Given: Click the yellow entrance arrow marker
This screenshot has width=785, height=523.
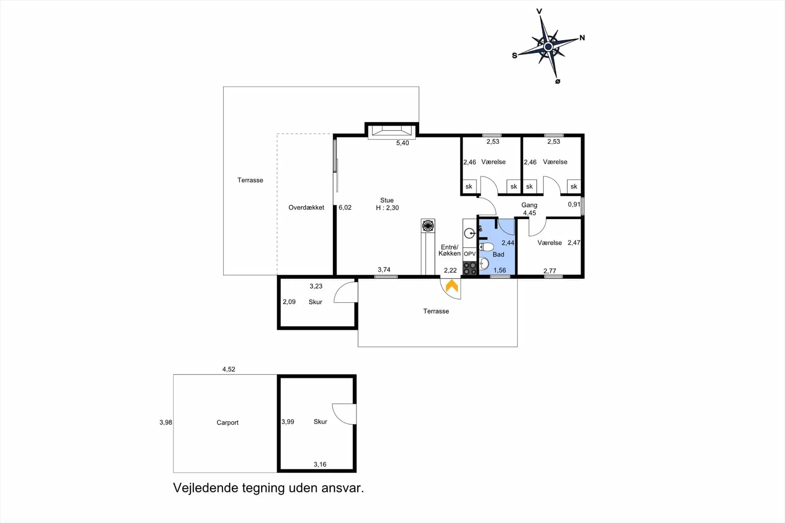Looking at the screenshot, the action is point(452,286).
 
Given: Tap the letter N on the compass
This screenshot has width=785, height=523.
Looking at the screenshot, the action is point(582,38).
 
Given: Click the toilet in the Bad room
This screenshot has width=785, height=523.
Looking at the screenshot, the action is point(487,247).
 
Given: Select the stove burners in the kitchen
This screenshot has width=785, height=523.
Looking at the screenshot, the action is point(470,268).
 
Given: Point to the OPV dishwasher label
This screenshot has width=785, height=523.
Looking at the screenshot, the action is point(470,254).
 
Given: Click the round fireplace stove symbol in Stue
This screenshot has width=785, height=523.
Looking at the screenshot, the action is point(428,225).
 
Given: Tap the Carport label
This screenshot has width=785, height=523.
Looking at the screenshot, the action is point(227,422).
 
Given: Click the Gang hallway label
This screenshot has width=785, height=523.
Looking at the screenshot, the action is point(529,205).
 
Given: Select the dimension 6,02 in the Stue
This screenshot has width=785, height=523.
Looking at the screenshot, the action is point(345,207).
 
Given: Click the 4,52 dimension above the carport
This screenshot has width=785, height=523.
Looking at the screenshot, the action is point(229,369).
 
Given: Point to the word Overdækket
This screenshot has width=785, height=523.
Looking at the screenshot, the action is point(306,207).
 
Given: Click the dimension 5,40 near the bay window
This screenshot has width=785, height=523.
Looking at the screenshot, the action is point(402,143).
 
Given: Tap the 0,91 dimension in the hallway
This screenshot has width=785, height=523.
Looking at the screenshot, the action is point(574,204).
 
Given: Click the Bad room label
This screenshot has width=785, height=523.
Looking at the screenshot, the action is point(498,254).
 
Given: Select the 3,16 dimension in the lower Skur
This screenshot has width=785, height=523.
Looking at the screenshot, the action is point(320,464).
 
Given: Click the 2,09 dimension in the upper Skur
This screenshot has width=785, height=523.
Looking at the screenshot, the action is point(289,302).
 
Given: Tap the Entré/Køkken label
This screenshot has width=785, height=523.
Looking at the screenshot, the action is point(449,250).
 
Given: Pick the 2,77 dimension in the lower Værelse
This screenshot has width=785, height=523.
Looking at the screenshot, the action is point(549,271).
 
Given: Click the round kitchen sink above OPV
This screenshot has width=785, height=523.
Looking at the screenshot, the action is point(470,233).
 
